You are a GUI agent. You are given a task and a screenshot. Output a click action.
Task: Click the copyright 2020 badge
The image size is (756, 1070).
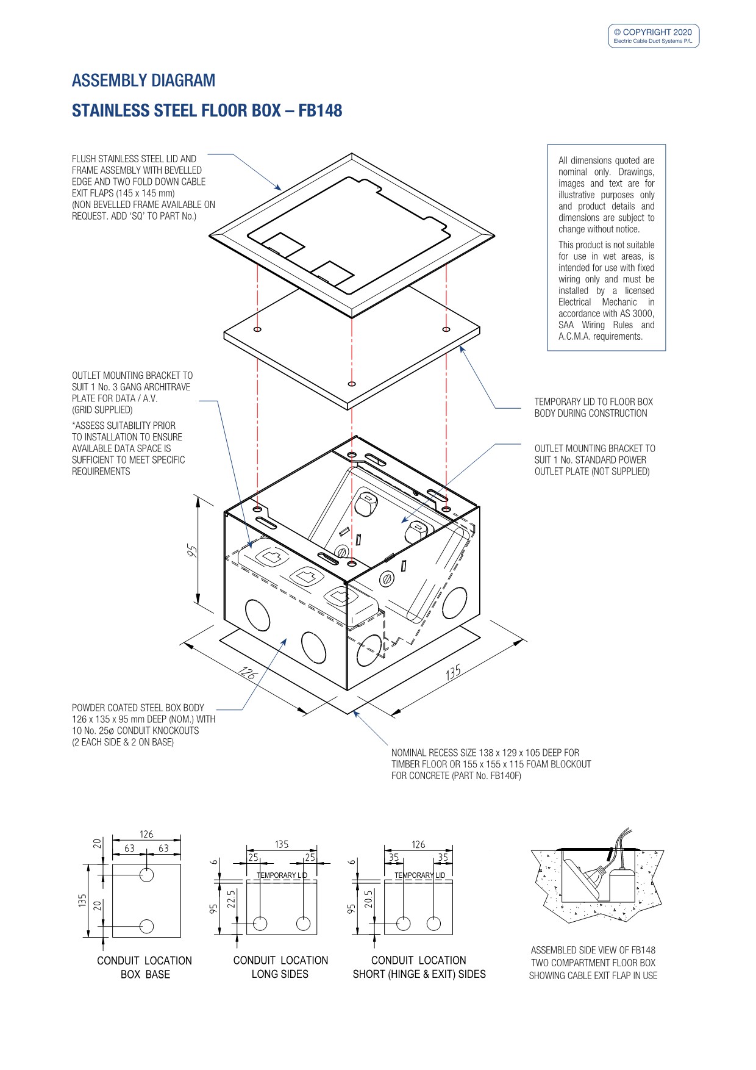pos(653,35)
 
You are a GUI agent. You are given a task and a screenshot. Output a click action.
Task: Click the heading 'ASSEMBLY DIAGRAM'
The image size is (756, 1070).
pos(143,81)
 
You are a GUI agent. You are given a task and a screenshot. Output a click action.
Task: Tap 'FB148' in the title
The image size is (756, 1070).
pos(320,111)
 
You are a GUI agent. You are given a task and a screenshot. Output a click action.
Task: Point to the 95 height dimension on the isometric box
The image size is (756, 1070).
pos(192,551)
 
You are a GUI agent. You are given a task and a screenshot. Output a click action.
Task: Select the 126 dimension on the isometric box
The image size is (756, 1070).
pos(248,673)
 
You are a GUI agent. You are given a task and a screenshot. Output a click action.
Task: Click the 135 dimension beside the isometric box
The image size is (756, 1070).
pos(453,672)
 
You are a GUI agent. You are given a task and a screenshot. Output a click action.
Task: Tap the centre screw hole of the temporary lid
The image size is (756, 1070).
pos(351,384)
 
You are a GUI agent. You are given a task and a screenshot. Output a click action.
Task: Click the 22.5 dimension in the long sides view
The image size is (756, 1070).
pos(231,899)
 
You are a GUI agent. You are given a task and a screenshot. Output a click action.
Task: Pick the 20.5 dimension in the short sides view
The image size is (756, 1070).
pos(368,899)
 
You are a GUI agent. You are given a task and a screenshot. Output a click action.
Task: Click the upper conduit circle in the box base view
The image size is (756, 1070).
pos(146,875)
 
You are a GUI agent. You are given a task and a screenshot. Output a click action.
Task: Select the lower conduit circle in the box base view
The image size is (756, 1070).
pos(146,926)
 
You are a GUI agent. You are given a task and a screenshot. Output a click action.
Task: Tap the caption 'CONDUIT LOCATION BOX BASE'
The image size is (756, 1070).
pos(144,968)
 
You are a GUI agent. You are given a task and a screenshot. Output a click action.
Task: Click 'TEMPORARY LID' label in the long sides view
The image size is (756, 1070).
pos(282,875)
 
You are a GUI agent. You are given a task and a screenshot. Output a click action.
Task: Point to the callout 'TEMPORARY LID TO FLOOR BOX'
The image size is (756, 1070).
pos(593,402)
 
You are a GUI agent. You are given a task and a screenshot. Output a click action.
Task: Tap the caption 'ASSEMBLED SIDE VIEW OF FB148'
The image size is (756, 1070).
pos(593,950)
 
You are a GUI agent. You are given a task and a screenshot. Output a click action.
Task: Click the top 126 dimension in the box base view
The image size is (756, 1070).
pos(146,835)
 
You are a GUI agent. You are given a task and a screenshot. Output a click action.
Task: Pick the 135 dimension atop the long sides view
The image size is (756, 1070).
pos(282,845)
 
